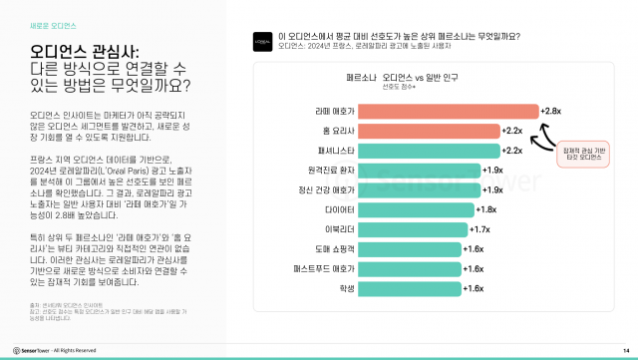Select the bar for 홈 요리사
point(427,131)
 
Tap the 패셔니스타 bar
point(427,151)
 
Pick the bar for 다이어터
point(417,209)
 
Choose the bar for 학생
point(410,288)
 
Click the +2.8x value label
point(553,111)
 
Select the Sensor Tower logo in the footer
point(29,350)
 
